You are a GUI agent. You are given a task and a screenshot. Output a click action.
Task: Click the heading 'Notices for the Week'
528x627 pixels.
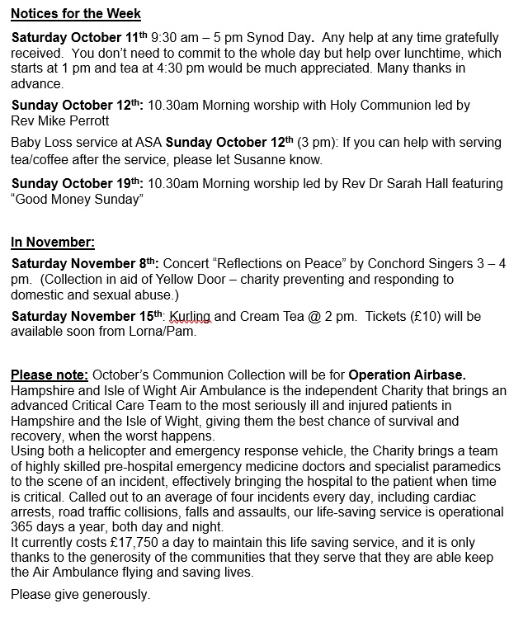coord(76,14)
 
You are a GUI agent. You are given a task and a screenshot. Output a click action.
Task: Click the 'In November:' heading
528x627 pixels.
coord(53,243)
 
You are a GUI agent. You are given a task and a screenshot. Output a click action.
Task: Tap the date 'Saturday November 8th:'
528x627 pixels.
coord(85,265)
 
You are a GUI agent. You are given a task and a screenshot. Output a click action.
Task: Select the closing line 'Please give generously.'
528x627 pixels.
coord(80,594)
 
